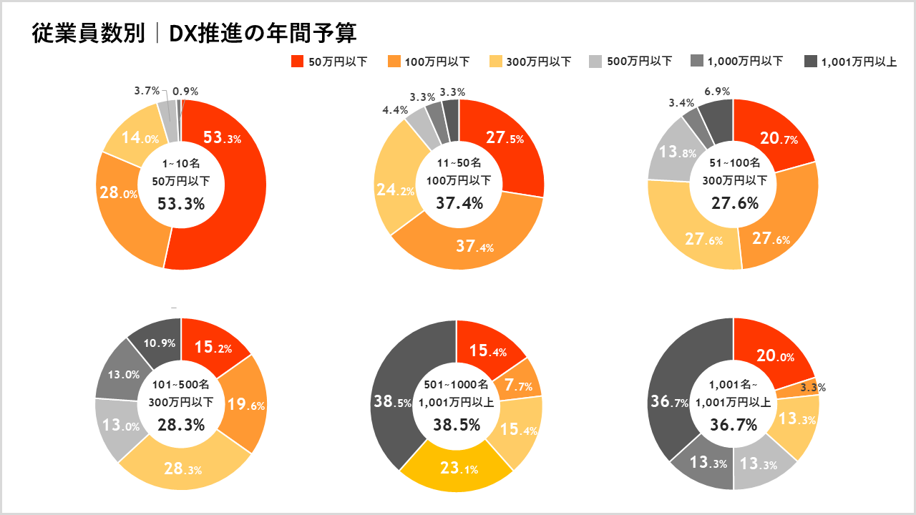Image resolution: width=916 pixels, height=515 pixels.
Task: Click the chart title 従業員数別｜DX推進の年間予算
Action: [x=194, y=33]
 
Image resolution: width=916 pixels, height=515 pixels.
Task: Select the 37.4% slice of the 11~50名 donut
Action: [x=475, y=247]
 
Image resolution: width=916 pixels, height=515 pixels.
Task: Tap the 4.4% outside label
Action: [x=395, y=110]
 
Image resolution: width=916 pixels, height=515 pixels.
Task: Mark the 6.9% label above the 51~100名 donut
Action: [x=717, y=91]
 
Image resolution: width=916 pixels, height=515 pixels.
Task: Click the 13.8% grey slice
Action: [x=671, y=152]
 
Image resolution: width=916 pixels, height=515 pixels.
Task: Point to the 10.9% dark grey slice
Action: [x=159, y=343]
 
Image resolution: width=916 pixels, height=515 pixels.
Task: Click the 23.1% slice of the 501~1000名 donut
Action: [x=458, y=469]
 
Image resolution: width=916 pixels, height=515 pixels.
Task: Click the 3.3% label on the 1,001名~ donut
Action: [x=812, y=388]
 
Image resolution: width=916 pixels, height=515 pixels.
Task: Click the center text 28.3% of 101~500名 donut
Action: [x=181, y=424]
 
